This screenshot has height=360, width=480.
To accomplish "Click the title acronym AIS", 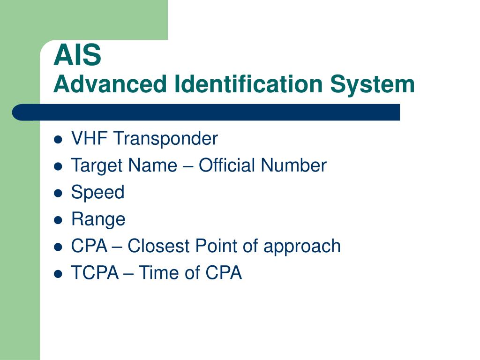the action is pos(77,55).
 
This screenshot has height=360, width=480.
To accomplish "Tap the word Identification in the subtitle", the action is pos(248,84).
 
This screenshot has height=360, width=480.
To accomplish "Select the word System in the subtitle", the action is pos(372,85).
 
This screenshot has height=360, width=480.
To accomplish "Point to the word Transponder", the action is pos(165,139).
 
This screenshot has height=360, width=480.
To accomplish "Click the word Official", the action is pos(227,165).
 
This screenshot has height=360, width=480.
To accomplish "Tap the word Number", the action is pos(294,165).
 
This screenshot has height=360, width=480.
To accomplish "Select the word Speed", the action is pos(97,193).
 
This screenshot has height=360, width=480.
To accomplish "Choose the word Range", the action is pos(98,220).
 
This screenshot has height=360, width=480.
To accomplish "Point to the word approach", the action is pos(302,247).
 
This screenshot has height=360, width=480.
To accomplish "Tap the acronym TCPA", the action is pos(95,273).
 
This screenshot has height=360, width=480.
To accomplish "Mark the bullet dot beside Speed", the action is pos(58,193).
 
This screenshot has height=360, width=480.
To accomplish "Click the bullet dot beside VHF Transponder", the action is pos(58,140).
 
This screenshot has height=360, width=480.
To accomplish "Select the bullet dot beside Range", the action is pos(58,220).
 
